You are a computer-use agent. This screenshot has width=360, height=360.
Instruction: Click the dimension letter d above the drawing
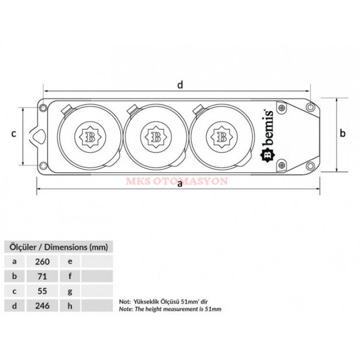pos(180,85)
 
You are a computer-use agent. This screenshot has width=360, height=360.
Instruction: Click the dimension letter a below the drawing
pos(180,184)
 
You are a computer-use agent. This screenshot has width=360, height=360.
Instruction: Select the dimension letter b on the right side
pos(343,133)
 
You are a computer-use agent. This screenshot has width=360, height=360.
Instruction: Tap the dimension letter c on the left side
pos(14,133)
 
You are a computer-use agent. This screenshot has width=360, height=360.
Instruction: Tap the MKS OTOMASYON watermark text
pos(177,182)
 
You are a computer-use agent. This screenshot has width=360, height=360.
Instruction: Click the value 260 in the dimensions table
pos(43,262)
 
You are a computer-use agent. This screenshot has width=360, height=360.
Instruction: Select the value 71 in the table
pos(43,276)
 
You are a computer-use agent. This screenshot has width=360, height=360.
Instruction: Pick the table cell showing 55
pos(43,290)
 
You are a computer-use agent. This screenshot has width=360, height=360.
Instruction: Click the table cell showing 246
pos(43,305)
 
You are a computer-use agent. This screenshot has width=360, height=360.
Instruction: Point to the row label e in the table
pos(70,262)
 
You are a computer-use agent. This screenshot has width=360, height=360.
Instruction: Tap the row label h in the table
pos(70,305)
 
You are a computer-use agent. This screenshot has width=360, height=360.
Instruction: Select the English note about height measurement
pos(170,310)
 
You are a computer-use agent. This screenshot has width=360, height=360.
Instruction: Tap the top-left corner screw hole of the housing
pos(43,108)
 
